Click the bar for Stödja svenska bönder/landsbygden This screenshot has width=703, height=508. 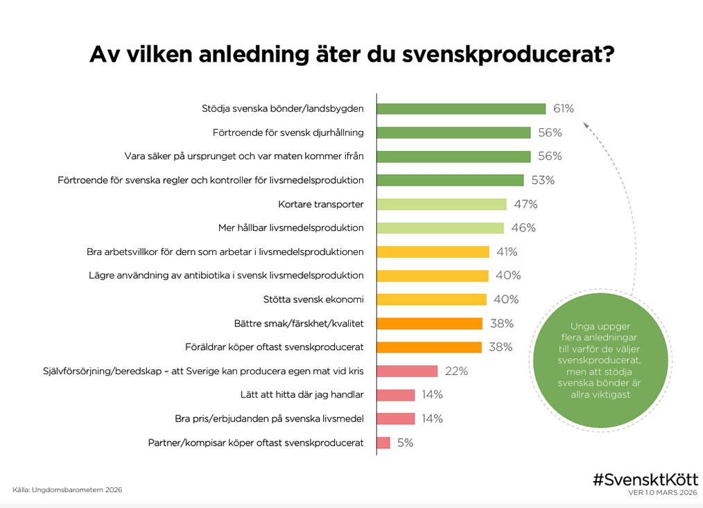[461, 109]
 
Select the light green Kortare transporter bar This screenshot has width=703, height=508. [442, 204]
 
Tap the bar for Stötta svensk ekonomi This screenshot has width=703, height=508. [431, 299]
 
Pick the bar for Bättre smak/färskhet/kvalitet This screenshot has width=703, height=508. [430, 324]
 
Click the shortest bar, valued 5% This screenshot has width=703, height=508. [383, 443]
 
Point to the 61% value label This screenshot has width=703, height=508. [564, 109]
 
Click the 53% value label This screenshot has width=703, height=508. [544, 180]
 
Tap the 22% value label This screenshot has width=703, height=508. [456, 371]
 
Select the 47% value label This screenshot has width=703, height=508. [526, 204]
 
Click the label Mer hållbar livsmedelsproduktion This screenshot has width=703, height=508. [290, 228]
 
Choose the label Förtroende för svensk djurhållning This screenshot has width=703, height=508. [288, 132]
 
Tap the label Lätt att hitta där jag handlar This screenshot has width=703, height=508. [299, 395]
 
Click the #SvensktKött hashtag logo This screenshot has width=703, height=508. [645, 479]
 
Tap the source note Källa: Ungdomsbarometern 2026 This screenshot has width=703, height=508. [67, 490]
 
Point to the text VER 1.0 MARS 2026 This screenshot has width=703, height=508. [662, 493]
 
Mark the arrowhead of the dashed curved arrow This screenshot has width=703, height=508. [586, 125]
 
